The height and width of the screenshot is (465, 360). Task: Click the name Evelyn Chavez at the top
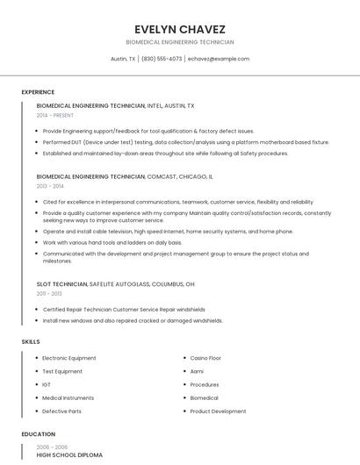click(x=180, y=29)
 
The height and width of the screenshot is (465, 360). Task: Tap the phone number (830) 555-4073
click(x=162, y=59)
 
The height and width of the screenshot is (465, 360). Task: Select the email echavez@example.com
click(x=219, y=59)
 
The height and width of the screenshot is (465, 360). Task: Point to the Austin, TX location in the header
click(x=123, y=59)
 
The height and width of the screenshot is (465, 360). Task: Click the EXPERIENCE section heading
click(x=38, y=92)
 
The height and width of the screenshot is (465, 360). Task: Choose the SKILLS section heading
click(x=31, y=340)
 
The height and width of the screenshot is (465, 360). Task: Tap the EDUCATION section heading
click(x=39, y=434)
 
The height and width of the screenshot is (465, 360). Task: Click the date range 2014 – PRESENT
click(x=55, y=115)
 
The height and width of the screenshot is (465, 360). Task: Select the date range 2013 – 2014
click(x=50, y=186)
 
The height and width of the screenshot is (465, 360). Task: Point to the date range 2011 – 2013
click(x=50, y=294)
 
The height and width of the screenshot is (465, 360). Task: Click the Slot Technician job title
click(x=62, y=284)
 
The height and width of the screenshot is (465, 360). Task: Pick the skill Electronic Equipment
click(x=69, y=358)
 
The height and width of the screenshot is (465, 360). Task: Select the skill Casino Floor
click(x=205, y=358)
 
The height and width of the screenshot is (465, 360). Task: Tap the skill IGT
click(x=47, y=384)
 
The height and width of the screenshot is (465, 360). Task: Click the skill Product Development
click(x=218, y=411)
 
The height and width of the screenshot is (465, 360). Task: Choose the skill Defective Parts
click(x=61, y=411)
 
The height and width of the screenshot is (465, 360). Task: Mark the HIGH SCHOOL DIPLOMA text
click(x=69, y=455)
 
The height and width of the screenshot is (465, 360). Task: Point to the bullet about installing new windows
click(x=133, y=320)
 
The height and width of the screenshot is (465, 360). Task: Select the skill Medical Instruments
click(x=68, y=397)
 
